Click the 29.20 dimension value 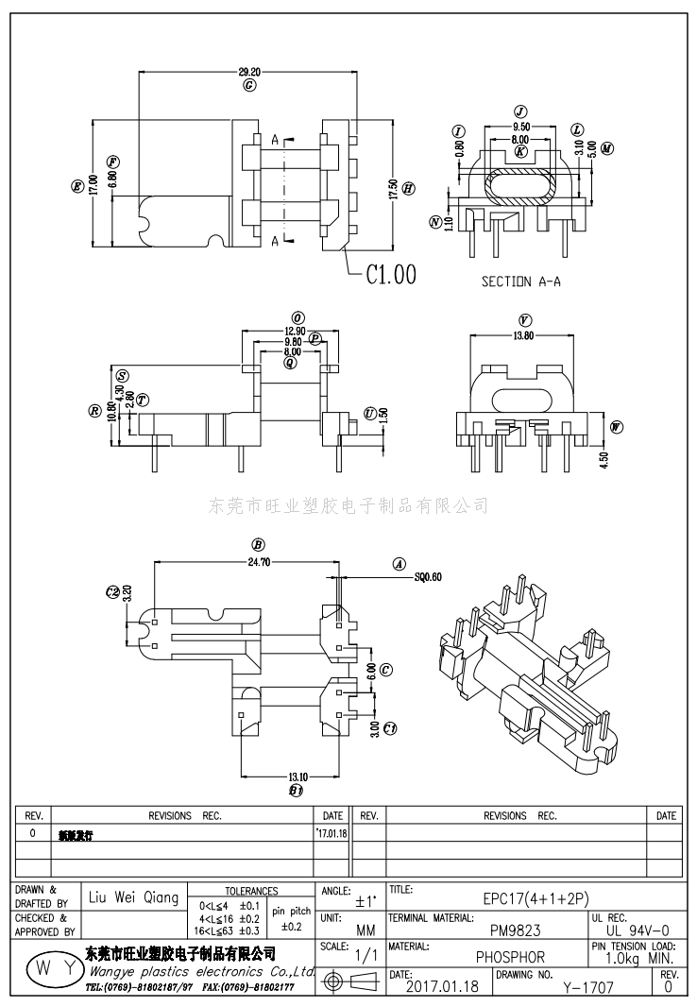coord(249,71)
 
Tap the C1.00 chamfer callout coord(390,274)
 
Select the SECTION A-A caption coord(521,281)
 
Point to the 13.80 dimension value coord(522,335)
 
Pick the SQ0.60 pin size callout coord(428,575)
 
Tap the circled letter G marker coord(249,85)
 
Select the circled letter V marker coord(523,320)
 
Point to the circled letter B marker coord(257,544)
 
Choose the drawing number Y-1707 coord(588,988)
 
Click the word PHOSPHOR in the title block coord(510,957)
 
